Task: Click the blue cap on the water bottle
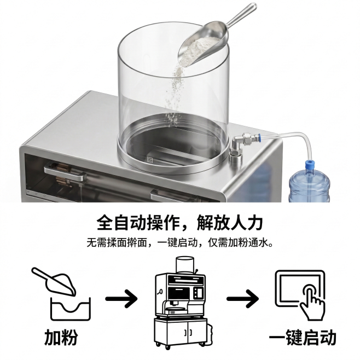click(x=310, y=164)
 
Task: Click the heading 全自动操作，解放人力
click(x=180, y=222)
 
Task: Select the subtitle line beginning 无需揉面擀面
click(x=180, y=242)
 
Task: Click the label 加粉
click(x=61, y=337)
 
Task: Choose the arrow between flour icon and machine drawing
click(x=121, y=299)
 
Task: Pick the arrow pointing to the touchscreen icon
click(x=242, y=299)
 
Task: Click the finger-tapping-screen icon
click(x=300, y=295)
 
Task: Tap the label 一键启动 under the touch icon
click(x=303, y=338)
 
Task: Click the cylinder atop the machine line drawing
click(x=185, y=264)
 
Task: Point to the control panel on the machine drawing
click(x=199, y=293)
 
